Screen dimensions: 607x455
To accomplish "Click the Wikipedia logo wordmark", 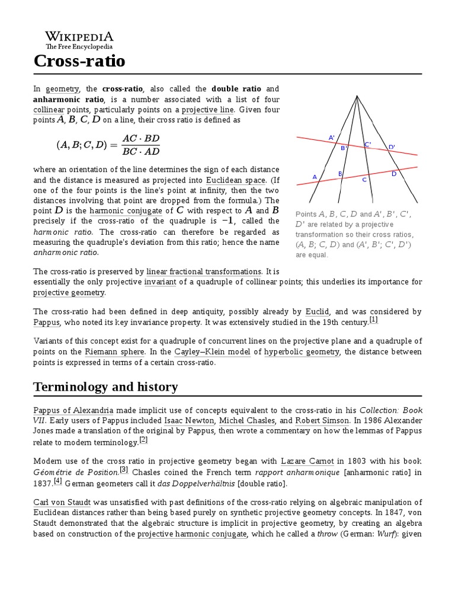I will [79, 36].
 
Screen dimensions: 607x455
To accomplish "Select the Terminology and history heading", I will [105, 387].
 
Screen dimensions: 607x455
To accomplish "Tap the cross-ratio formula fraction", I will [140, 145].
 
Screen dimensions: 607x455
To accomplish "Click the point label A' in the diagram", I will [332, 138].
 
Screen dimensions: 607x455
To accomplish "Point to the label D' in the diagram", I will [391, 146].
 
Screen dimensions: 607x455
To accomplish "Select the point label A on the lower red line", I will [315, 177].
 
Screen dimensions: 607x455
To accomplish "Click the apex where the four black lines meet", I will [357, 96].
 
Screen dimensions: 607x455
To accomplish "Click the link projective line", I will [208, 110].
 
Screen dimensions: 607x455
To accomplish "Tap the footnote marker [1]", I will [373, 320].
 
